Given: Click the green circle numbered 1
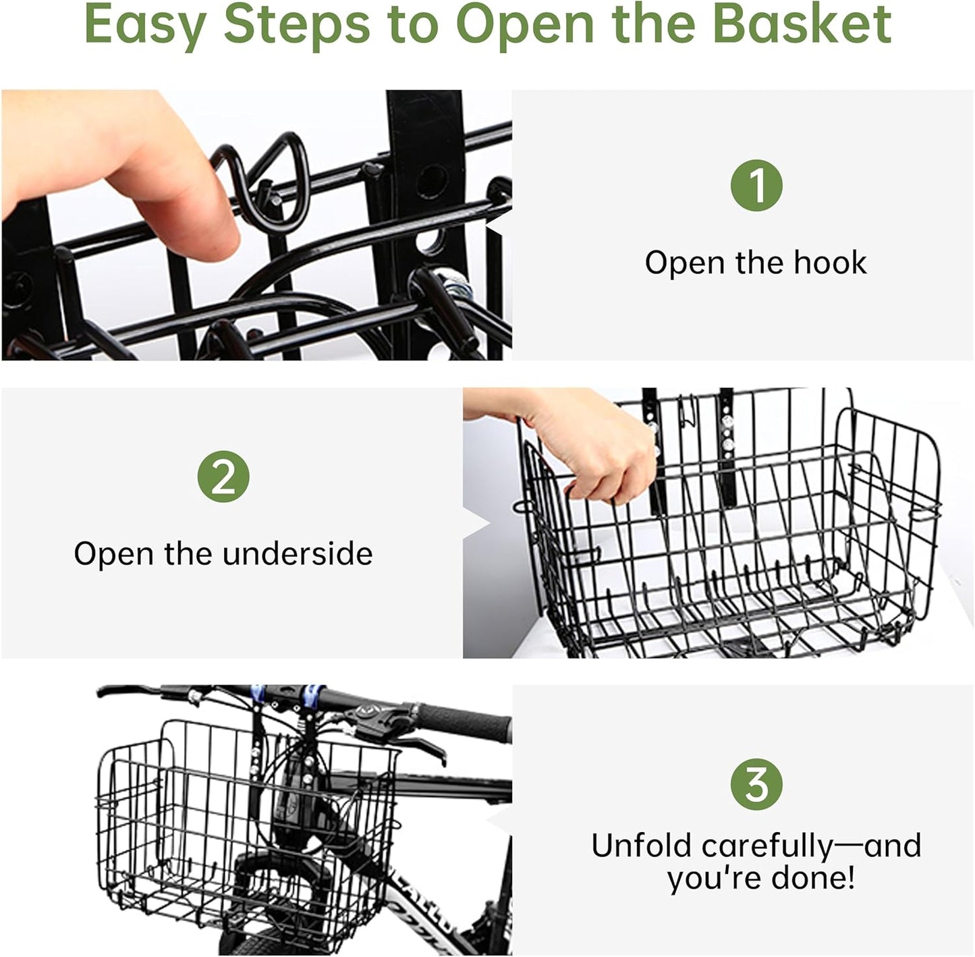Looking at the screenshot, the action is pos(756,185).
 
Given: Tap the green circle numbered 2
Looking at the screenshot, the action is pos(223,476).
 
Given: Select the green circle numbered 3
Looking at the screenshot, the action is pos(756,784).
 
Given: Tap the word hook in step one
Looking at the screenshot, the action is pos(829,263).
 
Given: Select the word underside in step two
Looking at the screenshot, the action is pos(298,553).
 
